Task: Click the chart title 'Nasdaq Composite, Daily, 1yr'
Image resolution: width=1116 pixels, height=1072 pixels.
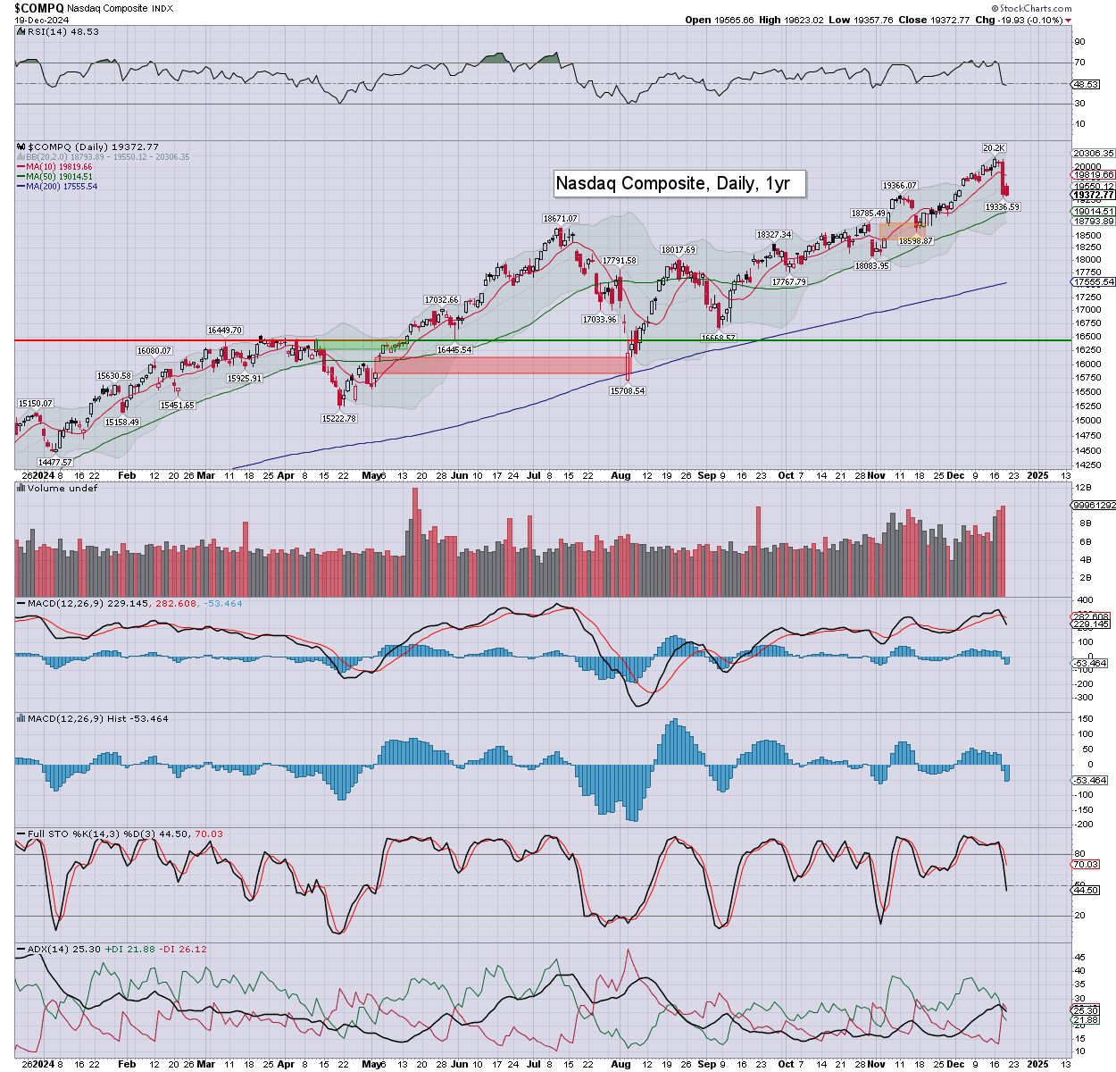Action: click(x=672, y=184)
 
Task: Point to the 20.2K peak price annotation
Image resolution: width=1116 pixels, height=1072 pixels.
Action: click(x=994, y=147)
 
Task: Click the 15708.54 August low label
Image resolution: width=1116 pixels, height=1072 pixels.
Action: click(x=627, y=390)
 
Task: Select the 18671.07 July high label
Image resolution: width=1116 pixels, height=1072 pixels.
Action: click(x=561, y=218)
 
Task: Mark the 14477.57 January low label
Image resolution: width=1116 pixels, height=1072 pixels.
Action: click(x=54, y=462)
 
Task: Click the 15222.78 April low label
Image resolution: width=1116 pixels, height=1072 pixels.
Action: click(x=338, y=418)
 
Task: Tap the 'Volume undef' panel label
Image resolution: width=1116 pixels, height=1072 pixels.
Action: click(x=62, y=488)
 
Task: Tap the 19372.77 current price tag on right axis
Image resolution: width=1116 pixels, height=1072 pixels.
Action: click(x=1094, y=195)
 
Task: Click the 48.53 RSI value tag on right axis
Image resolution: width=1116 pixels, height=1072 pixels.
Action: click(x=1086, y=84)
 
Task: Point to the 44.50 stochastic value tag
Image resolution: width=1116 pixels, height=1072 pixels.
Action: click(x=1086, y=890)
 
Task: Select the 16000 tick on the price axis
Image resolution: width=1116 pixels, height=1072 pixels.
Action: click(x=1087, y=364)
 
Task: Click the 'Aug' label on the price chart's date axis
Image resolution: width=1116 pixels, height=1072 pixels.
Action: click(x=620, y=475)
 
